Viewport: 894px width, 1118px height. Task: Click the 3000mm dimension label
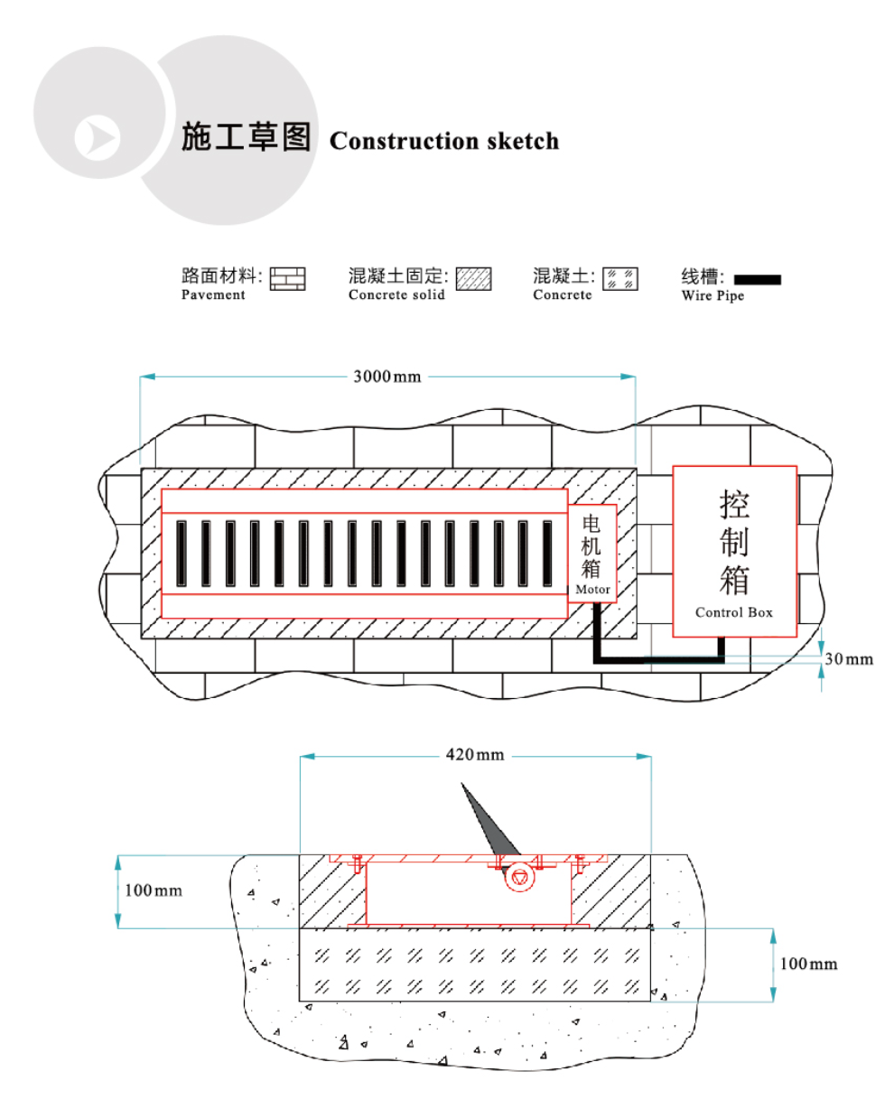pyautogui.click(x=386, y=377)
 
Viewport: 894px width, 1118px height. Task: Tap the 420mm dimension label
pyautogui.click(x=475, y=755)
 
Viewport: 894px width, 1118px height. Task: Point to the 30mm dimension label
pyautogui.click(x=849, y=659)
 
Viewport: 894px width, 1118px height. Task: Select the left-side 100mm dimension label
pyautogui.click(x=153, y=890)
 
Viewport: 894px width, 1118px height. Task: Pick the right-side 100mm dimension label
pyautogui.click(x=808, y=964)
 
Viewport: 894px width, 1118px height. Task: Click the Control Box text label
pyautogui.click(x=734, y=612)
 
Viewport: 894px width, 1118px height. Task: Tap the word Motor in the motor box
pyautogui.click(x=592, y=590)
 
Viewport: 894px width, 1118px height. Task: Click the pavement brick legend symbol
pyautogui.click(x=288, y=278)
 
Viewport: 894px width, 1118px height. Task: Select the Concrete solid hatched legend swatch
pyautogui.click(x=473, y=278)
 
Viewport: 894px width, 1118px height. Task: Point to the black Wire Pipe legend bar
pyautogui.click(x=757, y=279)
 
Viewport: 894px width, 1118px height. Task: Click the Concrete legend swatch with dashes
pyautogui.click(x=620, y=278)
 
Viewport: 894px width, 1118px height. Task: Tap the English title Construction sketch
pyautogui.click(x=444, y=141)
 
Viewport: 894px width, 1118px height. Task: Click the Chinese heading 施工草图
pyautogui.click(x=247, y=136)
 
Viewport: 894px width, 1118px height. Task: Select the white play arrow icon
pyautogui.click(x=97, y=138)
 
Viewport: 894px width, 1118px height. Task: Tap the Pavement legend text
pyautogui.click(x=213, y=295)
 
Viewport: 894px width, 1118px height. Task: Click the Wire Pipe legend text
pyautogui.click(x=712, y=295)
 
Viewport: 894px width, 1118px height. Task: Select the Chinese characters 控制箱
pyautogui.click(x=734, y=542)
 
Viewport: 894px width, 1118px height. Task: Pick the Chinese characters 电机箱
pyautogui.click(x=591, y=545)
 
